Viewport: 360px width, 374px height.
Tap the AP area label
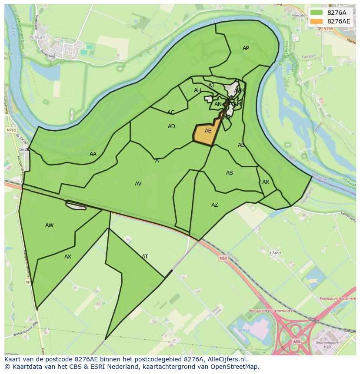pos(246,48)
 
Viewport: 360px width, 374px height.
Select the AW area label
pos(50,225)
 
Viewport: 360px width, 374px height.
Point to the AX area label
pos(68,257)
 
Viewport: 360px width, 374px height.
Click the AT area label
pos(145,257)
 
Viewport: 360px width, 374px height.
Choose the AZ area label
pos(215,205)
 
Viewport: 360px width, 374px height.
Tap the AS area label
pos(230,173)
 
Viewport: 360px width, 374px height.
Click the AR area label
pos(266,182)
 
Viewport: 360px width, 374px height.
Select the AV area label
pos(138,184)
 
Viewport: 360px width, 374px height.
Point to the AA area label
pos(93,154)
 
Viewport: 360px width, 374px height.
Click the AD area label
pos(171,126)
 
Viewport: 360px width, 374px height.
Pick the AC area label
pos(171,113)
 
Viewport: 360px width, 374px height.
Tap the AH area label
pos(197,90)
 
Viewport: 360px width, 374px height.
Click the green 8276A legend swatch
pos(317,13)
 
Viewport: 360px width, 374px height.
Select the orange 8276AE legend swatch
pos(317,21)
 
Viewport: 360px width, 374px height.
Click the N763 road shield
pos(10,130)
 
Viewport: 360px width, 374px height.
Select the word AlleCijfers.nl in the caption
pos(227,360)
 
